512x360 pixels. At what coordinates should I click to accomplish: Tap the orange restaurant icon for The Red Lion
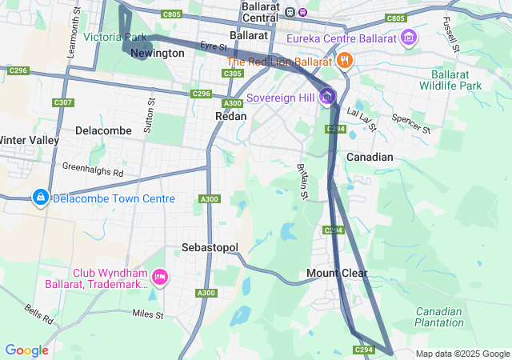tap(344, 61)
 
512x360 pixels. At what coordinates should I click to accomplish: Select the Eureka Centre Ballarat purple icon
tap(410, 38)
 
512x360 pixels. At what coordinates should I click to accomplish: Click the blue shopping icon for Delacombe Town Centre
tap(40, 197)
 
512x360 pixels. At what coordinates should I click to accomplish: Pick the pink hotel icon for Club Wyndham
tap(159, 277)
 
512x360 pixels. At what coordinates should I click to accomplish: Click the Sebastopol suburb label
tap(210, 247)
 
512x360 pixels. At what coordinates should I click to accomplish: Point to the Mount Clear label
tap(337, 274)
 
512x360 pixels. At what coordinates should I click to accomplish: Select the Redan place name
tap(230, 116)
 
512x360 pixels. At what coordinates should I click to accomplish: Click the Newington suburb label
tap(157, 53)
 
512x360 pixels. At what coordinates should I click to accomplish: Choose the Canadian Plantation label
tap(438, 318)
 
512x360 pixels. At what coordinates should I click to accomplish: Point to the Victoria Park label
tap(114, 37)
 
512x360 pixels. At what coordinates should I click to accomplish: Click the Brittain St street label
tap(303, 181)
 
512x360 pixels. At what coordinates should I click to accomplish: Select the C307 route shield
tap(63, 102)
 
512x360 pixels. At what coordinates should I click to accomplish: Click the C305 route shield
tap(233, 74)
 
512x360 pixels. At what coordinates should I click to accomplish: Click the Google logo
tap(26, 350)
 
